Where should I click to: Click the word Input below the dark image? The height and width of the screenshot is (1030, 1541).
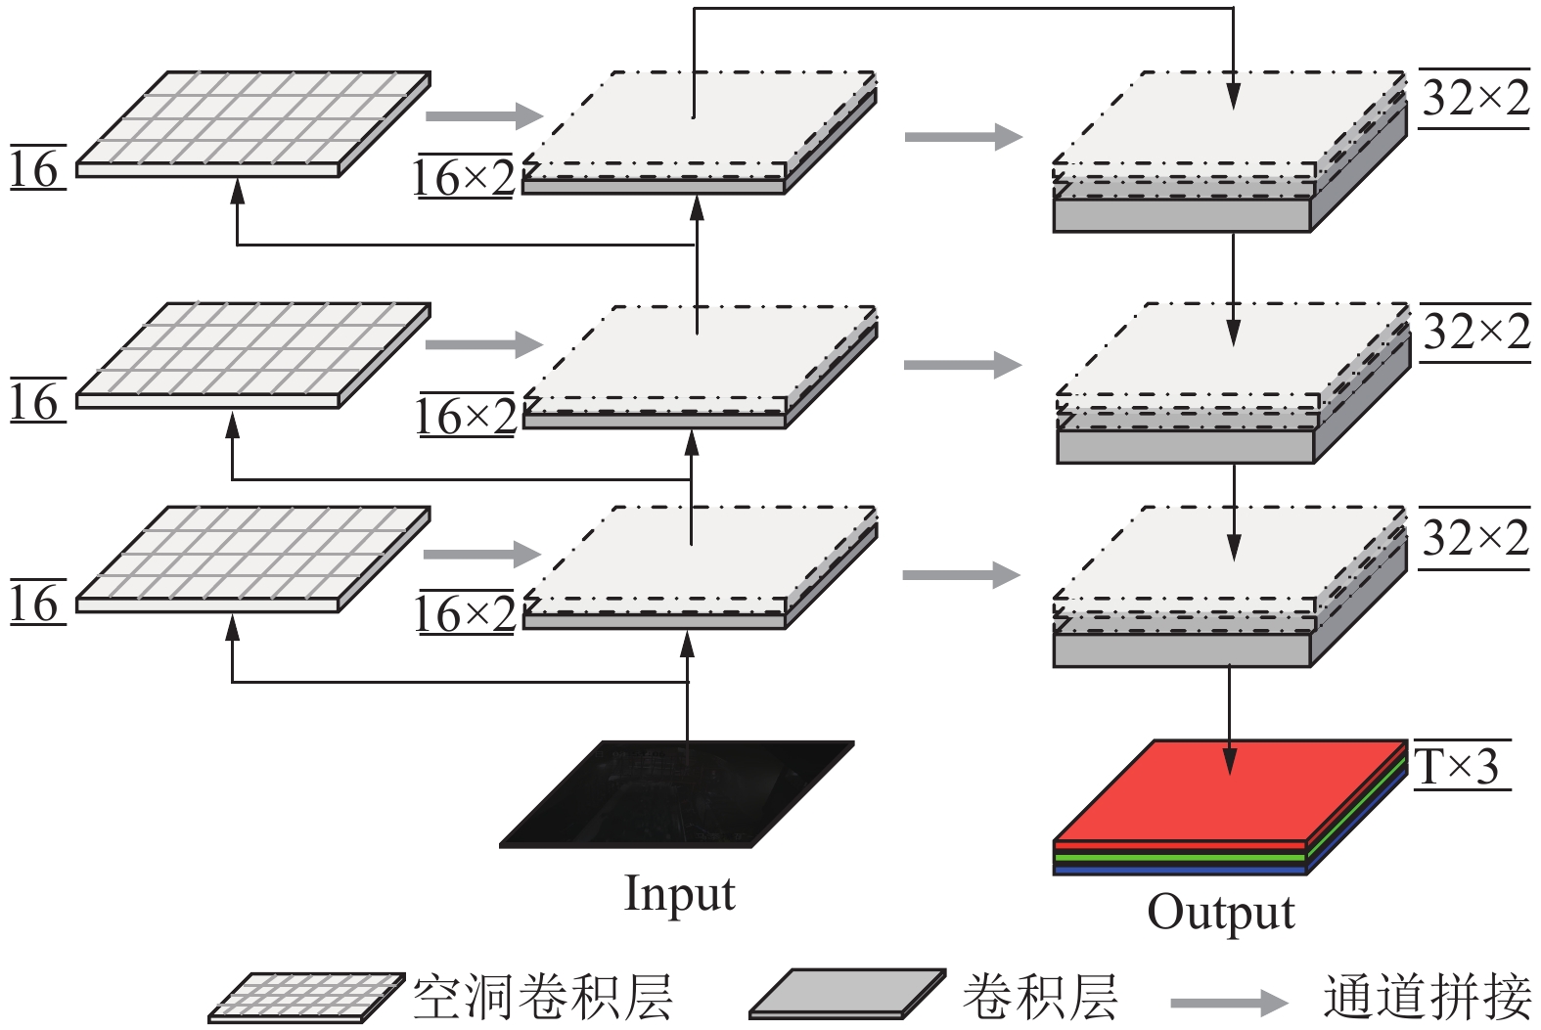[679, 893]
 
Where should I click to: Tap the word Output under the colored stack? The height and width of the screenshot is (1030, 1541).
[1220, 912]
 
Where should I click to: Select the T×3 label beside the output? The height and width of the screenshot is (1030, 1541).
[1457, 766]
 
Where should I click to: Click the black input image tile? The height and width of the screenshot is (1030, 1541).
[677, 793]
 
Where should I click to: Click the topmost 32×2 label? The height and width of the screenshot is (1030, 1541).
[1474, 98]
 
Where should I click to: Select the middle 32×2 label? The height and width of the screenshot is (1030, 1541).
[1475, 333]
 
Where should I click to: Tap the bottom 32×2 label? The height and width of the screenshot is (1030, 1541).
[1474, 538]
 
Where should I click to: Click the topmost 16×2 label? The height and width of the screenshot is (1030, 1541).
[464, 178]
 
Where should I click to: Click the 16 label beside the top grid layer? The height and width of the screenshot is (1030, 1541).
[35, 170]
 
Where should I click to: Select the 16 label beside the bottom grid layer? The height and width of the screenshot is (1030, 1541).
[35, 604]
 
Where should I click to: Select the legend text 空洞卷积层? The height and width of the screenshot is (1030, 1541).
[543, 998]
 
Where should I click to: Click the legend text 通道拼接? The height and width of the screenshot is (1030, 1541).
[1428, 998]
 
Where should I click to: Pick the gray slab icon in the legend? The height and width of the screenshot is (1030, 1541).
[847, 994]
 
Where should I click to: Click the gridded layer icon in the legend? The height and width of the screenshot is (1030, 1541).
[306, 997]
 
